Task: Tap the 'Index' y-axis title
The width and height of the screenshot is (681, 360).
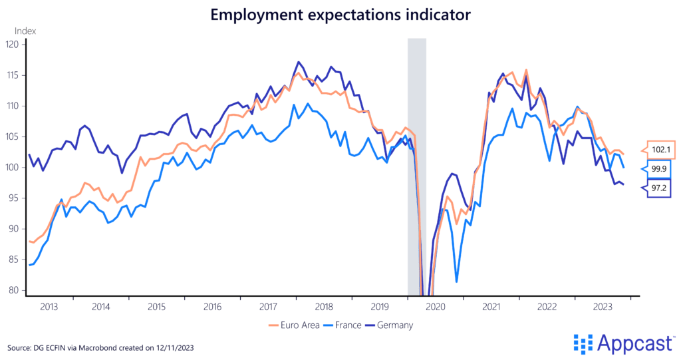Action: click(25, 31)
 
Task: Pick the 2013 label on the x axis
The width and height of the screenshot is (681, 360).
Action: click(49, 307)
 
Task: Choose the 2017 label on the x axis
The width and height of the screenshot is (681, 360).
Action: click(267, 307)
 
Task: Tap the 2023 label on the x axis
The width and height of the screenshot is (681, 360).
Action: click(603, 307)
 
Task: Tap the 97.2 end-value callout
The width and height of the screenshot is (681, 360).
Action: click(660, 188)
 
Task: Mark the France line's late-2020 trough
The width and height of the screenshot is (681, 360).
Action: click(456, 281)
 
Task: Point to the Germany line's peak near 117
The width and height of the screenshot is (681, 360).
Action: click(298, 62)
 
